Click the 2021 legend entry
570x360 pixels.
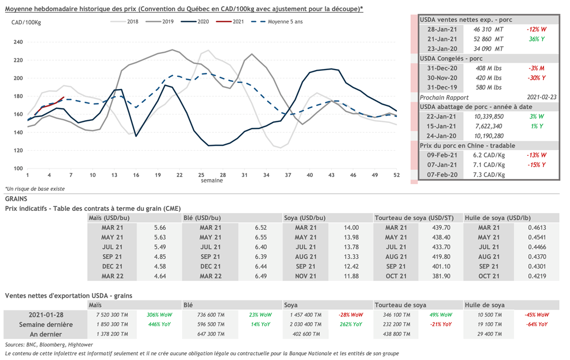[x=238, y=22]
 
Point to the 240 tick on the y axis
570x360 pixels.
[x=18, y=42]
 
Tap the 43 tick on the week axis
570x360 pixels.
[x=331, y=175]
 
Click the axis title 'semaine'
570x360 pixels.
[x=212, y=180]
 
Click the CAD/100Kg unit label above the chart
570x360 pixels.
[x=26, y=22]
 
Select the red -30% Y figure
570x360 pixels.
[x=537, y=78]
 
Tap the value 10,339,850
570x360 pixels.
[x=489, y=116]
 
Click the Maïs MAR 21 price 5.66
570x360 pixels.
[x=160, y=227]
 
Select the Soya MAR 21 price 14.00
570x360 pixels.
[x=351, y=227]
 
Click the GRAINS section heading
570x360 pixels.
[x=16, y=198]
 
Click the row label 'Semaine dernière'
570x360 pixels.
[x=46, y=324]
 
